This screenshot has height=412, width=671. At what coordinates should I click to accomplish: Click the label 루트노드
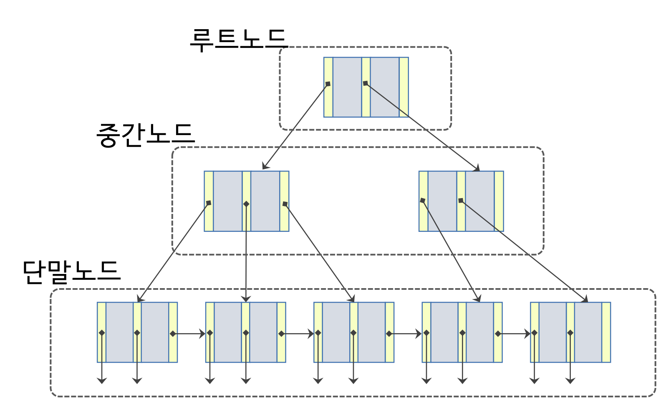click(x=238, y=40)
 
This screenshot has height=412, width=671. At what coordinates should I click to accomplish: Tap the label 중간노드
click(x=145, y=135)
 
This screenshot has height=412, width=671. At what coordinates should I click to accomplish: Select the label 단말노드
click(x=72, y=272)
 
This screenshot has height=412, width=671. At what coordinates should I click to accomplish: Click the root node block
click(x=366, y=87)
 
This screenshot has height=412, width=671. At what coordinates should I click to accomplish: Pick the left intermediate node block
click(x=246, y=201)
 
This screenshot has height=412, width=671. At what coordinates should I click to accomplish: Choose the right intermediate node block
click(x=461, y=201)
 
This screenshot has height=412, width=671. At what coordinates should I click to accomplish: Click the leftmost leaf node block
click(x=137, y=332)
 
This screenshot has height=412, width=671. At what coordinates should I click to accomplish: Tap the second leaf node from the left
click(x=245, y=332)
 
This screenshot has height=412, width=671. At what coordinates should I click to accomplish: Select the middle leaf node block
click(x=354, y=332)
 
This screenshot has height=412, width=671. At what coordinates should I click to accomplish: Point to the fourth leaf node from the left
click(x=462, y=332)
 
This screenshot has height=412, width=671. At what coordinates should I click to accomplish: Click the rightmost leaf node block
click(x=570, y=332)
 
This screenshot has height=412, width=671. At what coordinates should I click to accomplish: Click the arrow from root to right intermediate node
click(x=422, y=127)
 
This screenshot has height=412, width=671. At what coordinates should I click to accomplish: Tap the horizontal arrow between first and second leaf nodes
click(x=190, y=334)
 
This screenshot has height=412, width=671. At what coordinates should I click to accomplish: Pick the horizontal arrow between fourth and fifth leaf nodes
click(x=515, y=334)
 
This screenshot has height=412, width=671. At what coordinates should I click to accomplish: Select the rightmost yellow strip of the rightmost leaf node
click(x=606, y=332)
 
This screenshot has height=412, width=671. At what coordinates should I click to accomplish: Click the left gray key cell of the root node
click(x=347, y=87)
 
